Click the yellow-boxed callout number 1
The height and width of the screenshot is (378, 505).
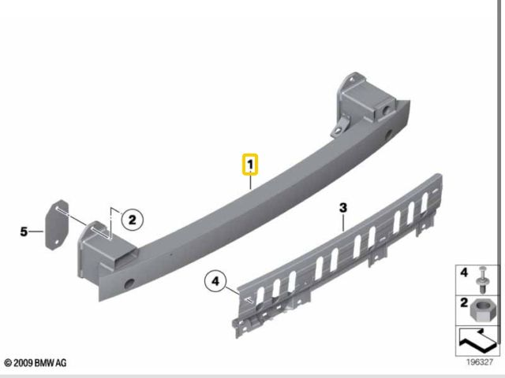[x=250, y=165]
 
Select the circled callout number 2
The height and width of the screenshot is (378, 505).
[x=132, y=220]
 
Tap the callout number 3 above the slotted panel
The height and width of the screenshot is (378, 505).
[x=343, y=208]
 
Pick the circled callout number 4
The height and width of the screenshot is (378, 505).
[x=215, y=281]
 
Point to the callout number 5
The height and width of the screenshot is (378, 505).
[x=24, y=232]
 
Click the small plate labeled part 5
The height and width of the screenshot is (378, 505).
[x=57, y=224]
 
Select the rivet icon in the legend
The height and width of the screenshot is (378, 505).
[x=482, y=280]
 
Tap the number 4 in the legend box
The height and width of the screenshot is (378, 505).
[x=464, y=272]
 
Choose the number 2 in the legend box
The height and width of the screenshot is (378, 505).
[x=464, y=302]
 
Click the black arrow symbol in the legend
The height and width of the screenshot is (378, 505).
[x=477, y=340]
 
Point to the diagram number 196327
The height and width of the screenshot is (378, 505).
[x=480, y=362]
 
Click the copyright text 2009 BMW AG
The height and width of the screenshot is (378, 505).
[x=36, y=363]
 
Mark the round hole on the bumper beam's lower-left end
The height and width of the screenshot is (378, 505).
[x=129, y=283]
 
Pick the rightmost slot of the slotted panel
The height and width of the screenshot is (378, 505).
[x=425, y=203]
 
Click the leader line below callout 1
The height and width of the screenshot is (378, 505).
[x=251, y=183]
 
